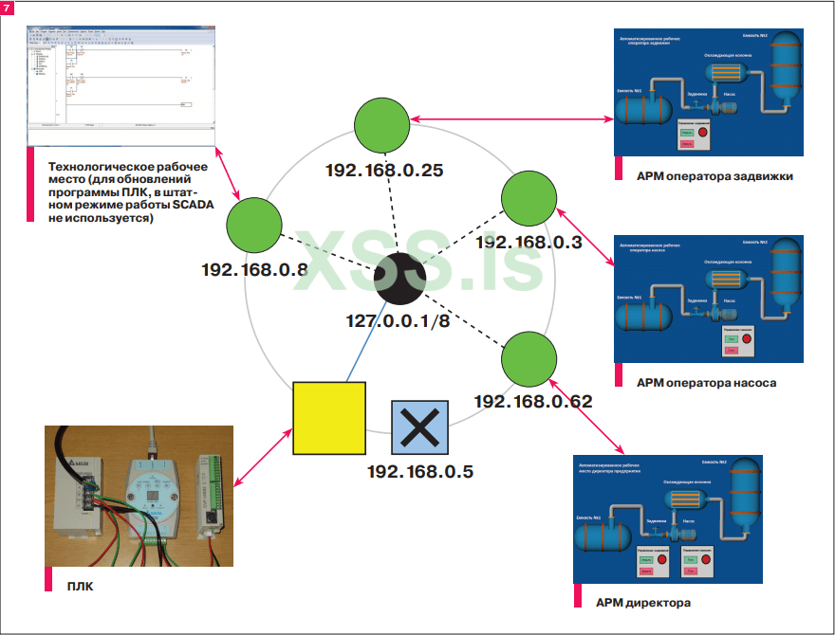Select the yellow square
point(329,418)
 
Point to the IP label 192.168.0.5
point(420,471)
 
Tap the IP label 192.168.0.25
point(385,171)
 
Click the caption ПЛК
point(81,586)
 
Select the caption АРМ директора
point(643,602)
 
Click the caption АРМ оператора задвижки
point(715,175)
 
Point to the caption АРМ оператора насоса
point(707,383)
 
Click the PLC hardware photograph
point(139,496)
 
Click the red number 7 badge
point(8,8)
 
